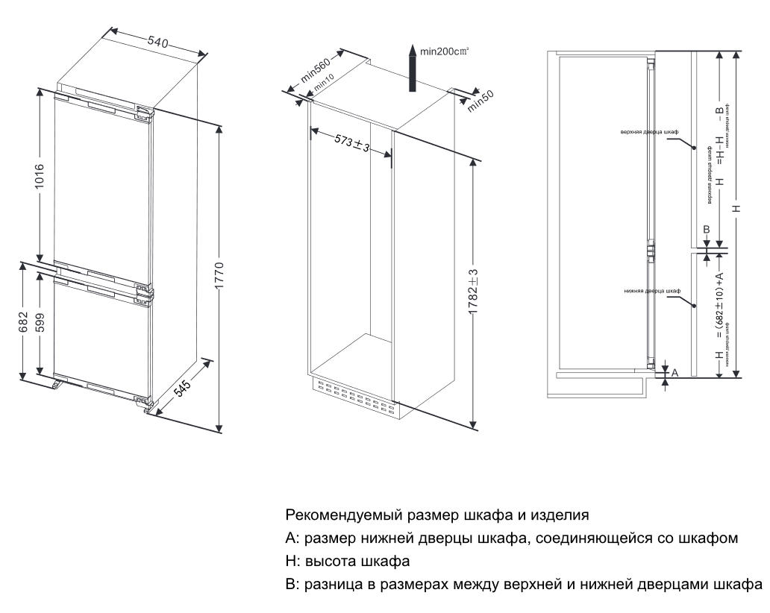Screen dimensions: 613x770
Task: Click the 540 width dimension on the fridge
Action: point(157,43)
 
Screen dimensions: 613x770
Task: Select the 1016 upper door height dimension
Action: point(40,177)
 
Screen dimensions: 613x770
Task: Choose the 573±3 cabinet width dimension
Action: point(351,142)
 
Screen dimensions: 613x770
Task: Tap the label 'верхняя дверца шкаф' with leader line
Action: point(648,131)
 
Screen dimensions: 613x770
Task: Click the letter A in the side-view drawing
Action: point(674,372)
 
